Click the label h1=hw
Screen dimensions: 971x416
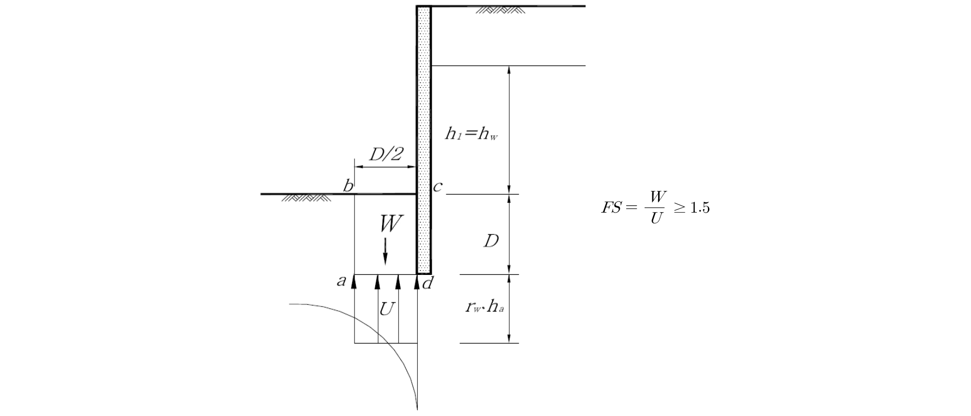click(471, 134)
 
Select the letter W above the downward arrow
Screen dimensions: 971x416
click(391, 224)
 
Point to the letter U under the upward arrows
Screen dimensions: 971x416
click(386, 309)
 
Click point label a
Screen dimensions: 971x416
click(342, 280)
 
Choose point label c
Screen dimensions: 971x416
click(437, 186)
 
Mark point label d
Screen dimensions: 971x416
click(427, 283)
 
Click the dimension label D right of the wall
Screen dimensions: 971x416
click(491, 241)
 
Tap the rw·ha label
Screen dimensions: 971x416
click(485, 307)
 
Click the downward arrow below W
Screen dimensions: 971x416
click(385, 251)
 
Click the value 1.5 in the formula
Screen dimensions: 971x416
click(699, 208)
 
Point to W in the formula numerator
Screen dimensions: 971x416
click(657, 197)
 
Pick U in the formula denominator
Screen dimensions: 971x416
click(656, 219)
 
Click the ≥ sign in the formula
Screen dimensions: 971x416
click(679, 208)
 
